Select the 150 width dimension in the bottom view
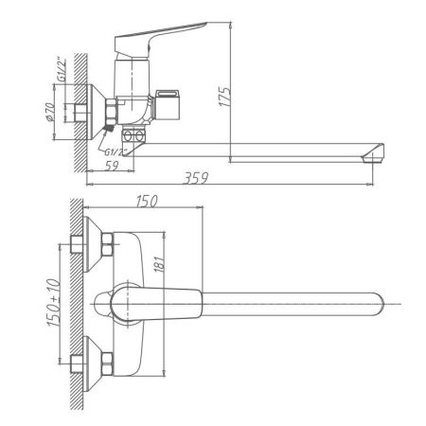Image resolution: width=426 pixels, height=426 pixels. [x=145, y=202]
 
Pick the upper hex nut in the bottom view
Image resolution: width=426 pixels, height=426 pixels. [x=109, y=247]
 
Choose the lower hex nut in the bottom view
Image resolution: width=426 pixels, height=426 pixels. [x=109, y=361]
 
